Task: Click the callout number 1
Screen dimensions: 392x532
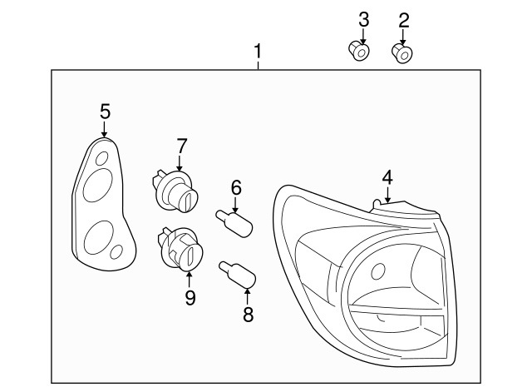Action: [x=258, y=52]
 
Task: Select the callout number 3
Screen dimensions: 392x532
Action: [x=363, y=19]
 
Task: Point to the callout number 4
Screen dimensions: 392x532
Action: [x=387, y=176]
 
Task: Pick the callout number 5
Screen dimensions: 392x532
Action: [x=105, y=111]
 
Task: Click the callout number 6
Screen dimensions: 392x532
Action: [x=236, y=187]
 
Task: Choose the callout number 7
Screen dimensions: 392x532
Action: [x=182, y=146]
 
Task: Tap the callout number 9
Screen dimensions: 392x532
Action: [x=190, y=296]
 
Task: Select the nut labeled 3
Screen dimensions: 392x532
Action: [x=359, y=52]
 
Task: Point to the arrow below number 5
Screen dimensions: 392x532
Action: [x=105, y=129]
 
